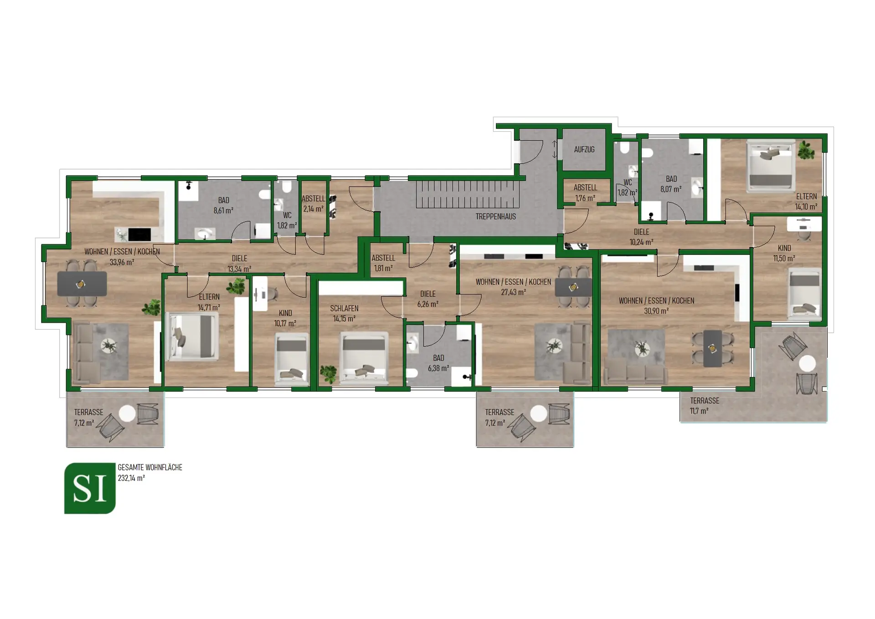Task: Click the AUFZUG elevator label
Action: pyautogui.click(x=584, y=150)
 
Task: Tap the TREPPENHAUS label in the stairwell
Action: pyautogui.click(x=495, y=217)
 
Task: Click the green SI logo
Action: pyautogui.click(x=90, y=488)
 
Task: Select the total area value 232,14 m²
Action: pyautogui.click(x=131, y=478)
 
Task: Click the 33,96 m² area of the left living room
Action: pyautogui.click(x=122, y=262)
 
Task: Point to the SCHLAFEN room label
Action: pyautogui.click(x=344, y=309)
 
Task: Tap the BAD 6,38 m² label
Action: pyautogui.click(x=438, y=363)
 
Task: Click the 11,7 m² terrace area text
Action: pyautogui.click(x=699, y=411)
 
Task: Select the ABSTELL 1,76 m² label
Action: pyautogui.click(x=585, y=192)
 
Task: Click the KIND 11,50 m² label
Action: pyautogui.click(x=784, y=253)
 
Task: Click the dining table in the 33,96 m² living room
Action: pyautogui.click(x=82, y=284)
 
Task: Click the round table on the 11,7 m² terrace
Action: pyautogui.click(x=808, y=363)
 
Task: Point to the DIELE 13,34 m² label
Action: pyautogui.click(x=239, y=263)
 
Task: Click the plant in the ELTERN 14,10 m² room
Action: pyautogui.click(x=806, y=150)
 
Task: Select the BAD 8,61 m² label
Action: pyautogui.click(x=223, y=205)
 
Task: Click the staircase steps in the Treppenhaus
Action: pyautogui.click(x=467, y=194)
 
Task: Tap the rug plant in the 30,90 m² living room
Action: pyautogui.click(x=642, y=349)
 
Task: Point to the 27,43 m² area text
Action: pyautogui.click(x=513, y=292)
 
